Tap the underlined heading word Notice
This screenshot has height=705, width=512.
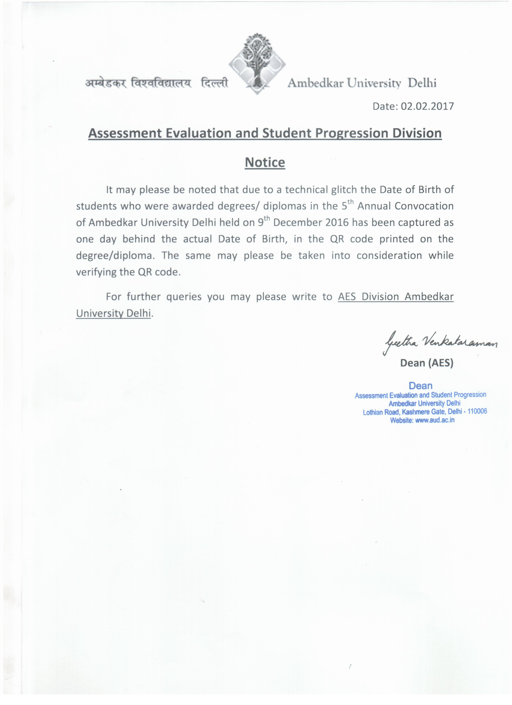pos(265,162)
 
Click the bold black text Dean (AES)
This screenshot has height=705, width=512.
pos(427,363)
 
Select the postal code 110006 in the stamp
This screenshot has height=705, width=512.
pos(477,411)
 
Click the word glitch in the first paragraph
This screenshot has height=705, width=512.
pos(344,190)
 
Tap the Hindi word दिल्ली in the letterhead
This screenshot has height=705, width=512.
pos(214,83)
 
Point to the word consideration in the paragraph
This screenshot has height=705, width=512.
pos(389,255)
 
